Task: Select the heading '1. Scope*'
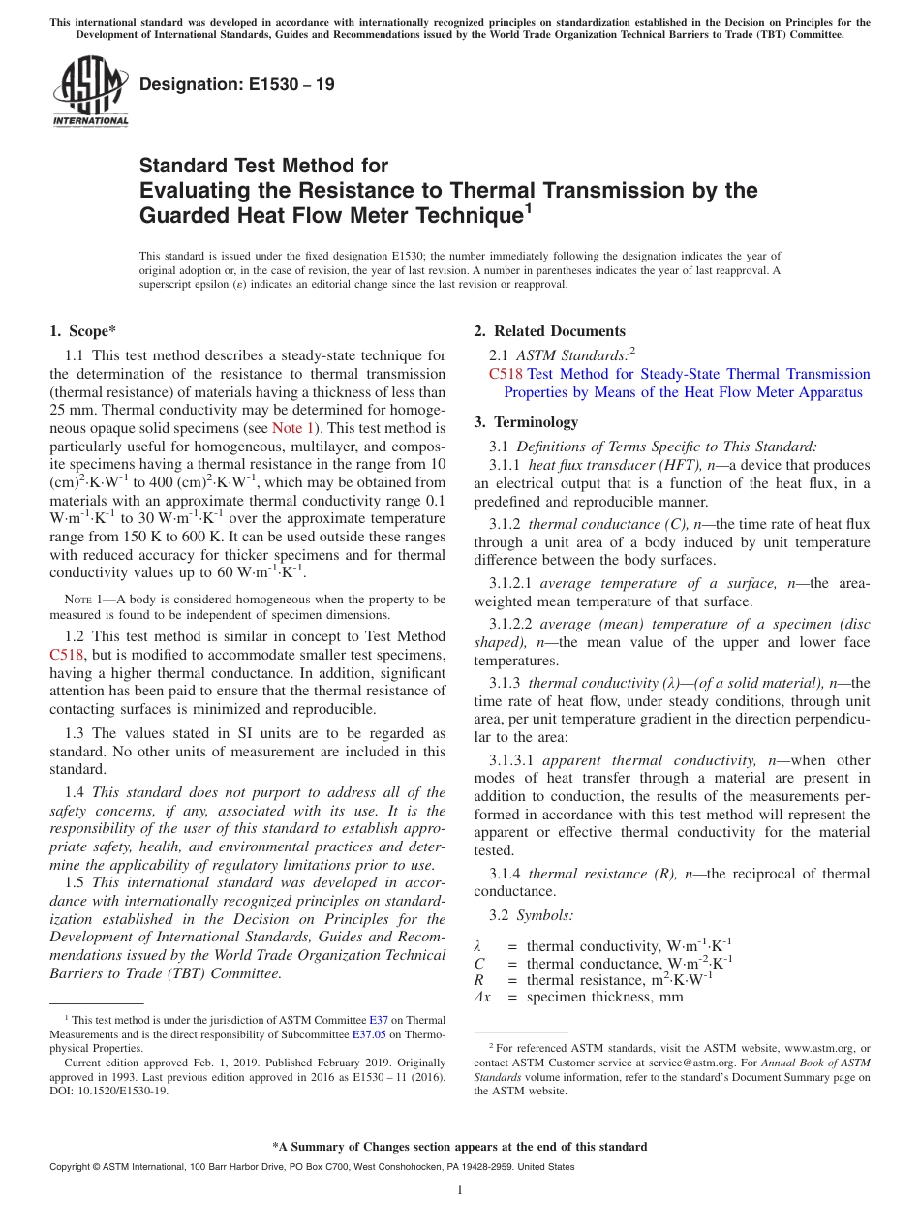click(x=83, y=331)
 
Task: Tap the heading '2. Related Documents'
click(x=549, y=331)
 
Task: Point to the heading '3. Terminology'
click(x=526, y=422)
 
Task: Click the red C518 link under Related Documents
click(x=506, y=374)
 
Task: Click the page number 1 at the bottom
click(x=460, y=1190)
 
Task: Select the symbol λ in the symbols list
click(x=477, y=945)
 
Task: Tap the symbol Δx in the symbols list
click(x=481, y=997)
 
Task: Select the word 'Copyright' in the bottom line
click(x=69, y=1167)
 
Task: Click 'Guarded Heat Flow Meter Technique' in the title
click(x=328, y=216)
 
